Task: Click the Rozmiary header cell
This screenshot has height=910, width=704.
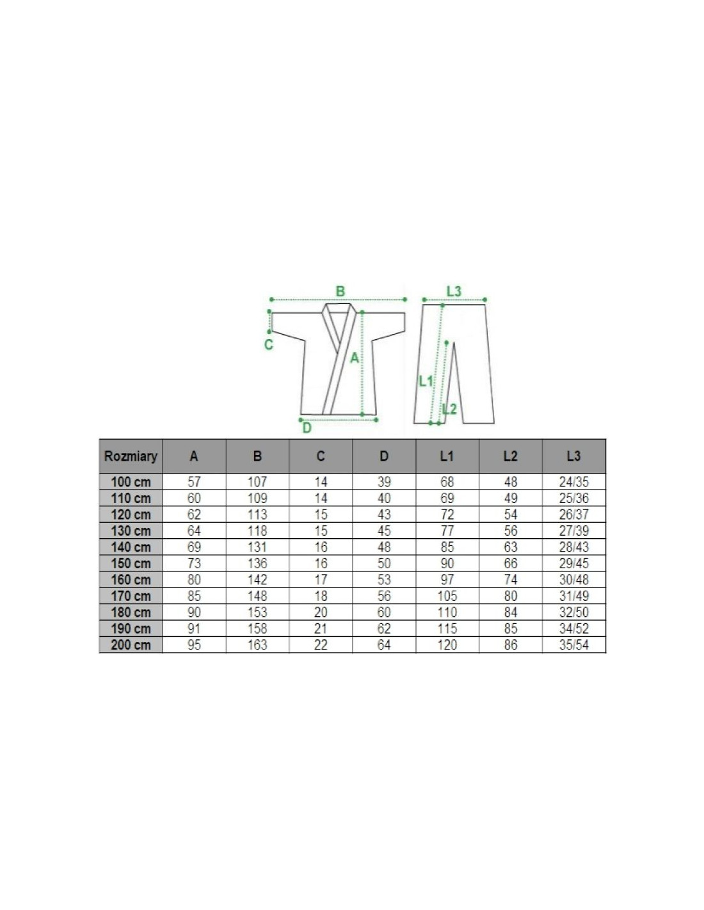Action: pyautogui.click(x=131, y=456)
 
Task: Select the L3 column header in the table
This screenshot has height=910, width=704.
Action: pyautogui.click(x=573, y=456)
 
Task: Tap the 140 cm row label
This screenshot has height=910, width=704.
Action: pyautogui.click(x=131, y=547)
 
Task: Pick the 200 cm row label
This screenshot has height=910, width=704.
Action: pyautogui.click(x=131, y=644)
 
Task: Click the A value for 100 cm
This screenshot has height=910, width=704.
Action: pyautogui.click(x=194, y=482)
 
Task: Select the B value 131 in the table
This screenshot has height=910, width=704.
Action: pyautogui.click(x=257, y=547)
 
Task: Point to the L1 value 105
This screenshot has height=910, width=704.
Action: pyautogui.click(x=447, y=596)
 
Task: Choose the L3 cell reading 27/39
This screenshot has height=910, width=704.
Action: pyautogui.click(x=573, y=531)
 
